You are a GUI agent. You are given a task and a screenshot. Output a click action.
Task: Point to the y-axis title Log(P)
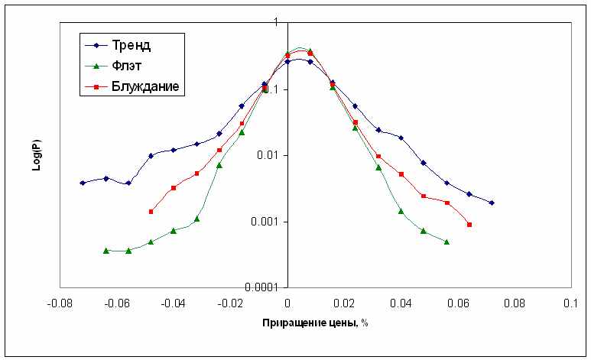coord(36,155)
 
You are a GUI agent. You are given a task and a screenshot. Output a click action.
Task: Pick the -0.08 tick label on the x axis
coord(60,303)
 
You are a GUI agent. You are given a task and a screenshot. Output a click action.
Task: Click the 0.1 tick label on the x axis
coord(570,303)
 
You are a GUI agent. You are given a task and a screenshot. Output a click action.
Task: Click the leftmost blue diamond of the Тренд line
coord(83,183)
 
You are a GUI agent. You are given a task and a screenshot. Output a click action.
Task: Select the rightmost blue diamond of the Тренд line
coord(492,203)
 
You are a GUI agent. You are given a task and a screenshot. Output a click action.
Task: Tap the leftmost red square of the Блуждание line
coord(151,212)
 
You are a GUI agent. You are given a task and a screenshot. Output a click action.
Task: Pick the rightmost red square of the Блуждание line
coord(469,225)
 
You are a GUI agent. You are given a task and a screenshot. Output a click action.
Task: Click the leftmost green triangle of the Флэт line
coord(106,250)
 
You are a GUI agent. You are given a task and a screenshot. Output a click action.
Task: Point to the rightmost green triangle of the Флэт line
coord(446,242)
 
